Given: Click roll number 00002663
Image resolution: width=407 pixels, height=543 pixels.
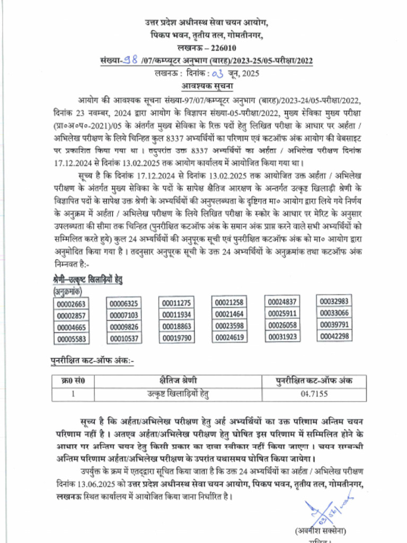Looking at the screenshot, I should [71, 304].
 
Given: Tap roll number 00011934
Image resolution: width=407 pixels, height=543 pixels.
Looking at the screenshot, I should [176, 315].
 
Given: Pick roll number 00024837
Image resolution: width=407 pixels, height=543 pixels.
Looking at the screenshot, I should [282, 302].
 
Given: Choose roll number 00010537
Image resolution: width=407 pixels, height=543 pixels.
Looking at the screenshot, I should [124, 338].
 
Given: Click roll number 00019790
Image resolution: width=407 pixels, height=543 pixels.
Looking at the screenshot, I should [176, 338].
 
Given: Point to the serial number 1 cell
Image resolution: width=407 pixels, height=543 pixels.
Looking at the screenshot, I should [73, 394].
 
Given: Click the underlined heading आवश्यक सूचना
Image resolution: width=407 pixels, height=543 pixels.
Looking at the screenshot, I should [207, 85].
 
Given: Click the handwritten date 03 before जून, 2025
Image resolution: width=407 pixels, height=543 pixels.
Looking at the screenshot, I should [218, 74].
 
